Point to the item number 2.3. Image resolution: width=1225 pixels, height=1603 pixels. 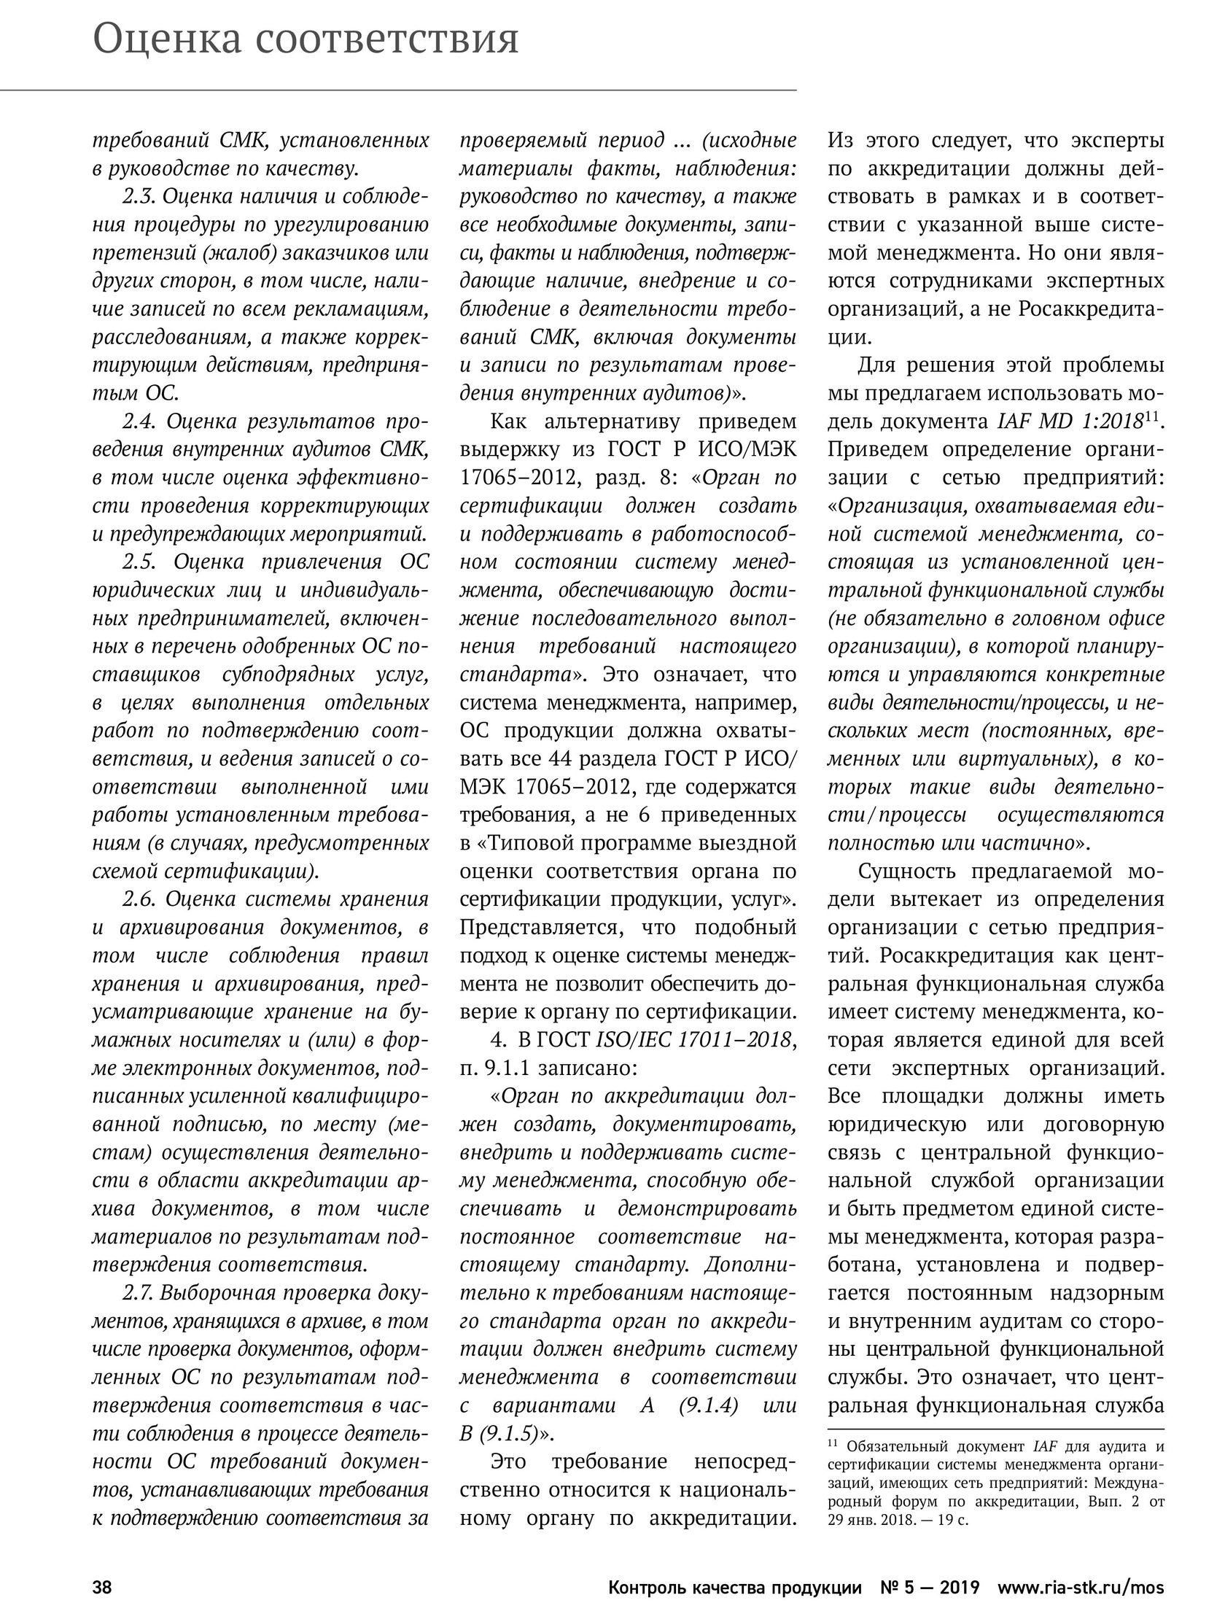pos(139,197)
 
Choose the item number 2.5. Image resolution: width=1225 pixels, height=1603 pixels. pos(139,562)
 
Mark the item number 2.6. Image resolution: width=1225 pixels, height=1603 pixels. pos(139,899)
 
